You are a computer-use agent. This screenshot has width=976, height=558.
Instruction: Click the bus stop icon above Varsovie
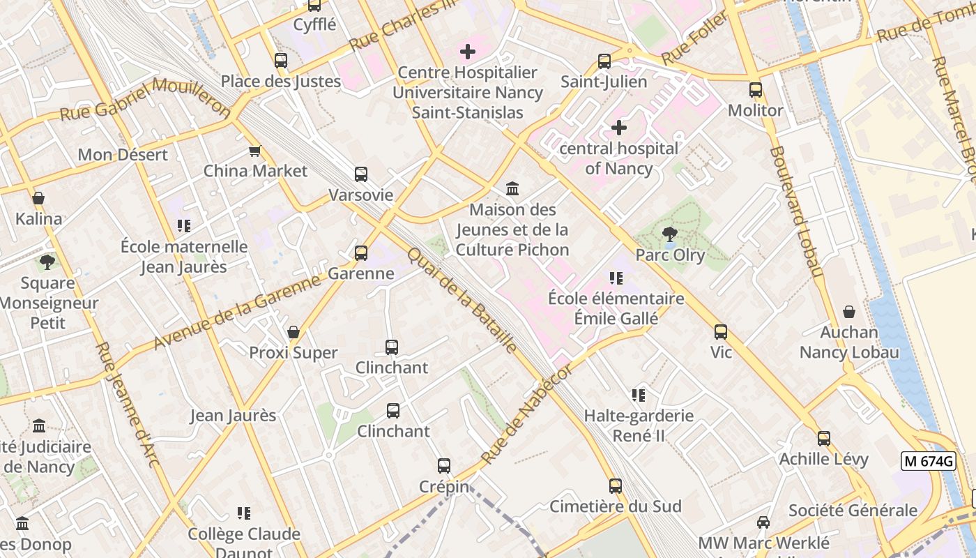(x=360, y=174)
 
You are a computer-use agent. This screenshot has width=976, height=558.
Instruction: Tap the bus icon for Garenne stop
(x=360, y=252)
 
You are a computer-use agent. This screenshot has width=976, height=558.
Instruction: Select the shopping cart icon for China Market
(x=255, y=151)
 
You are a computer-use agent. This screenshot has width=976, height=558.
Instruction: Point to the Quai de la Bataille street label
(x=462, y=300)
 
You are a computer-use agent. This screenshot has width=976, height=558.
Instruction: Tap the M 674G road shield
(x=927, y=461)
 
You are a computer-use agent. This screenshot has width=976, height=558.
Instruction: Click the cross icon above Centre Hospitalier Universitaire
(x=467, y=52)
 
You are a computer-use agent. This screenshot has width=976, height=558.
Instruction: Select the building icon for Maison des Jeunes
(x=512, y=188)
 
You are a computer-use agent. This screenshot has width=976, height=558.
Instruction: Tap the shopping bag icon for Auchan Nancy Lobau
(x=849, y=312)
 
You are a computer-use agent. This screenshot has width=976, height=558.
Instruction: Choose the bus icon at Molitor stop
(x=755, y=90)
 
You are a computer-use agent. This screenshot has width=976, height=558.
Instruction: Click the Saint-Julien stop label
(x=604, y=82)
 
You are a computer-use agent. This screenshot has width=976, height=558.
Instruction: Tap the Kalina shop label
(x=38, y=219)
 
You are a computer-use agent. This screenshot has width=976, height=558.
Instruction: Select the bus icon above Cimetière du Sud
(x=615, y=485)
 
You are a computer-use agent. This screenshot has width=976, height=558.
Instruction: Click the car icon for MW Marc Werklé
(x=763, y=522)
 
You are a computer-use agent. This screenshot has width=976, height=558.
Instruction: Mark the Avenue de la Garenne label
(x=237, y=312)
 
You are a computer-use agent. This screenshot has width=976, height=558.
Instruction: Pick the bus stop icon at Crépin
(x=444, y=466)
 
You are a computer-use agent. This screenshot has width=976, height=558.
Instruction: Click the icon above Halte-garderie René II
(x=638, y=395)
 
